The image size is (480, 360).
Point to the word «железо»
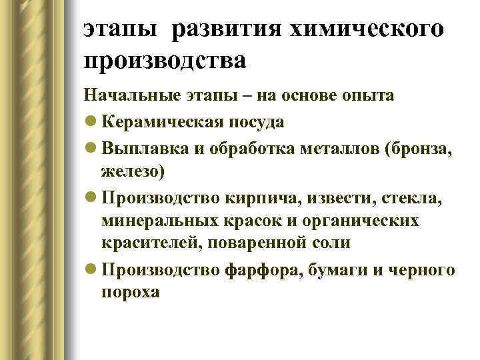pyautogui.click(x=131, y=171)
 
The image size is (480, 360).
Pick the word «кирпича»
pyautogui.click(x=255, y=197)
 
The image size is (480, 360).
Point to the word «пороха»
pyautogui.click(x=131, y=292)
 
